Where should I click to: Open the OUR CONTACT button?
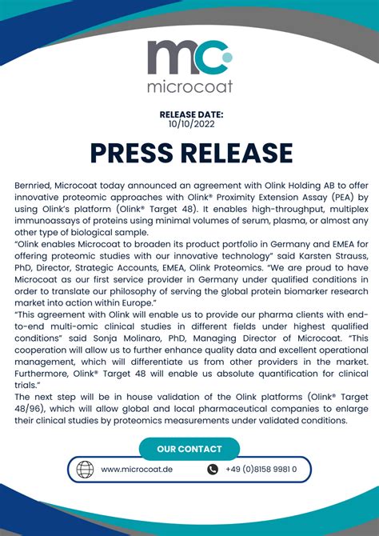189,449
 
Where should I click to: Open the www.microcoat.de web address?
138,470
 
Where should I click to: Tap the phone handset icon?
213,470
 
